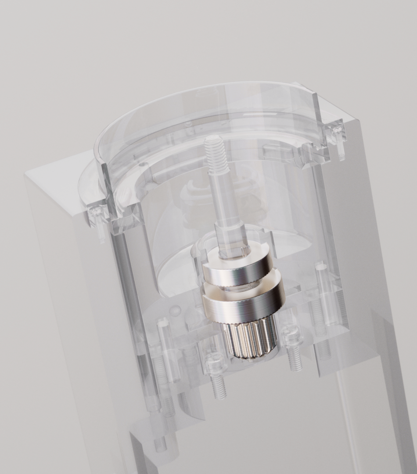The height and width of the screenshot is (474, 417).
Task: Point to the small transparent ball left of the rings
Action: [175, 310]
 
